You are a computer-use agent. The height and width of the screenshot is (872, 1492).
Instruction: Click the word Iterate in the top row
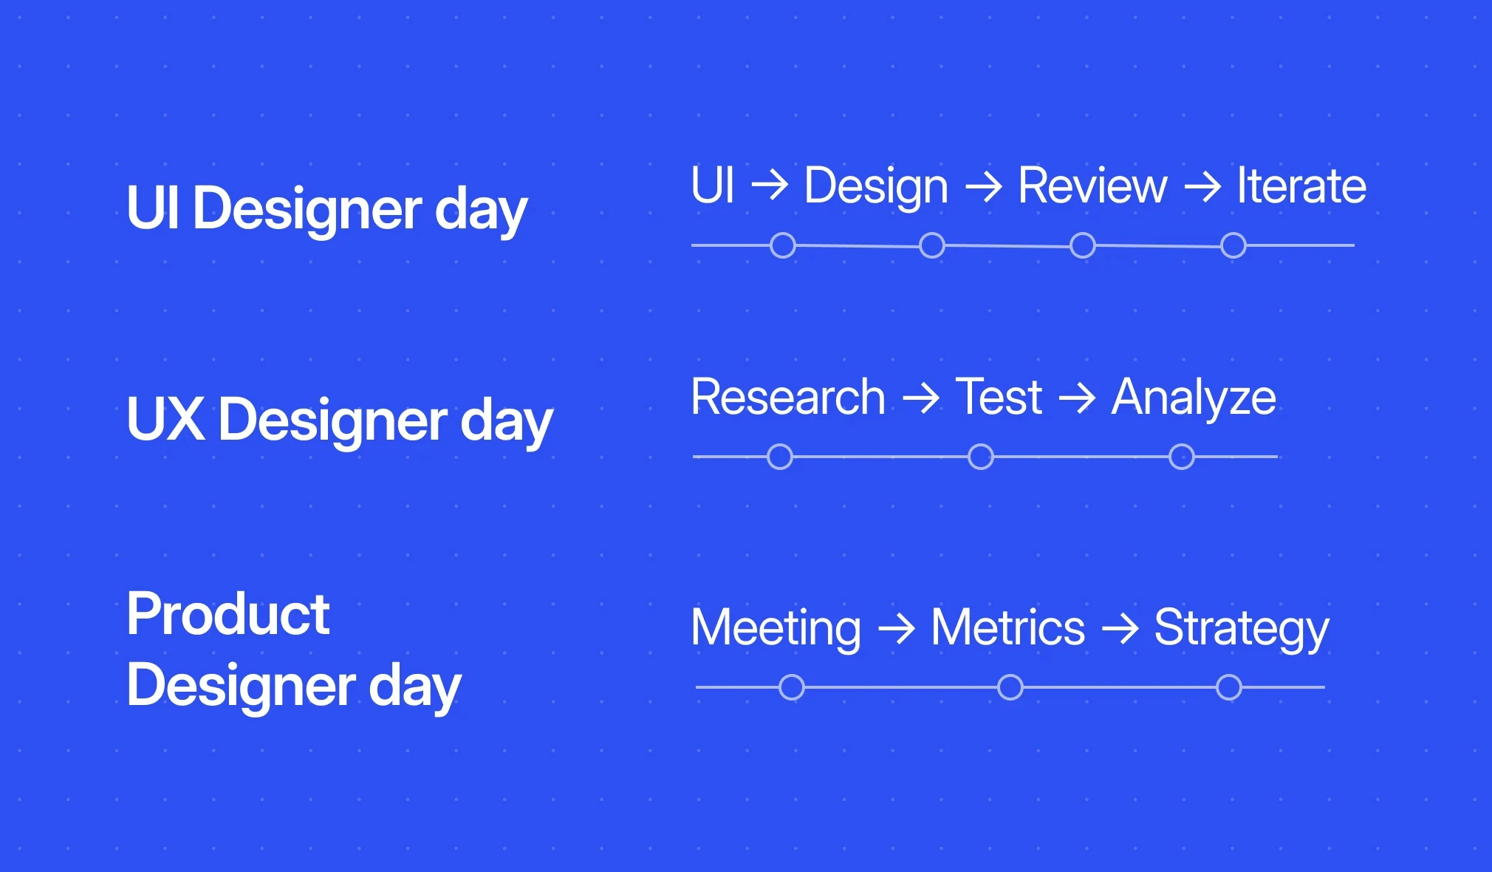coord(1301,185)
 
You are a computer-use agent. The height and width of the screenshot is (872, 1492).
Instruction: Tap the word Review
coord(1092,185)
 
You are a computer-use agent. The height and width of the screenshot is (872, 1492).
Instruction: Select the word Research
coord(787,398)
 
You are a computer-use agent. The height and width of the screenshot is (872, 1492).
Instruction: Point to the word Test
coord(999,398)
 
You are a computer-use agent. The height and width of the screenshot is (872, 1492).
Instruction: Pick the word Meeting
coord(776,628)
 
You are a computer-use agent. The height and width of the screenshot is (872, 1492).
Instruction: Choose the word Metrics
coord(1007,628)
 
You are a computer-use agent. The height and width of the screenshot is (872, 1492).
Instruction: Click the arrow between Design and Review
coord(983,187)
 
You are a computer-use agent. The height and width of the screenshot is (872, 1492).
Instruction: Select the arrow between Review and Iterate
coord(1202,187)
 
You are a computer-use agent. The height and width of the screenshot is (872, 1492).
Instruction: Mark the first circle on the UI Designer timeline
coord(783,245)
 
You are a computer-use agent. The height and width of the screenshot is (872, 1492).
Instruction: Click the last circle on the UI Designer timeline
coord(1233,245)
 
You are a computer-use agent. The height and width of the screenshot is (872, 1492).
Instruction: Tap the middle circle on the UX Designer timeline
coord(981,457)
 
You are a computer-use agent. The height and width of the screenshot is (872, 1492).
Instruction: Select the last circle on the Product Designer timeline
coord(1229,687)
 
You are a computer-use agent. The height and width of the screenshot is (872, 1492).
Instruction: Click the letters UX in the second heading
coord(165,420)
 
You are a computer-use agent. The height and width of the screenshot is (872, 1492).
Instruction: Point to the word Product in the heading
coord(227,615)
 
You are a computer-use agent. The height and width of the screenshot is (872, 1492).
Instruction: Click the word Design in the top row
coord(875,185)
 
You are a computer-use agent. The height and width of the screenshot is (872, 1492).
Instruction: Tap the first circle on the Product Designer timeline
coord(792,687)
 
